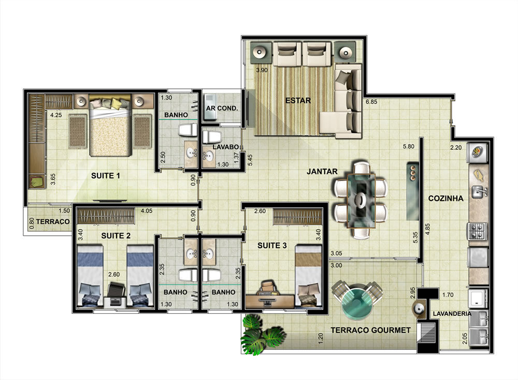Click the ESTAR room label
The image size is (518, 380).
tap(298, 100)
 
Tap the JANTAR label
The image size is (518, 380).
tap(322, 172)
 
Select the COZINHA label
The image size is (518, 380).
tap(445, 198)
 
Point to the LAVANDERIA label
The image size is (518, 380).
tap(452, 314)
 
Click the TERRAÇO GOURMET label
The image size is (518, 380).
tap(371, 330)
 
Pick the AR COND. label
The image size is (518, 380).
tap(222, 108)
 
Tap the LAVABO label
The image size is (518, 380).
tap(226, 147)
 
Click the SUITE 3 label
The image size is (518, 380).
tap(272, 246)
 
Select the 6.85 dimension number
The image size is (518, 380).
tap(371, 102)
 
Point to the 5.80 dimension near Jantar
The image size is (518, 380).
tap(408, 146)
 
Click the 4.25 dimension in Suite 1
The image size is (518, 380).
tap(56, 115)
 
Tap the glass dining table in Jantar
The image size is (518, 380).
tap(361, 200)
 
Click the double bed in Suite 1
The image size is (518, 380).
tap(110, 125)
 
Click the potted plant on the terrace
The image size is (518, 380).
tap(262, 334)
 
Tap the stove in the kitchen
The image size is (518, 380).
tap(477, 231)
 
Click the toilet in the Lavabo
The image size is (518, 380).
tap(211, 136)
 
